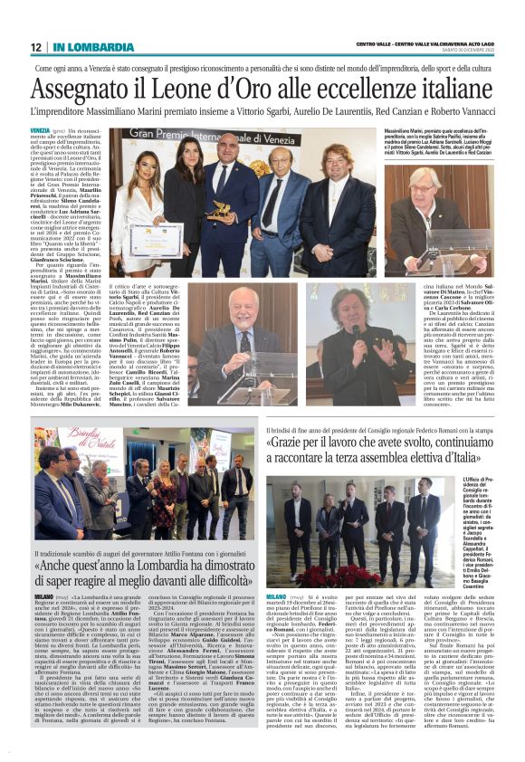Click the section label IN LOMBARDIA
coord(81,47)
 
